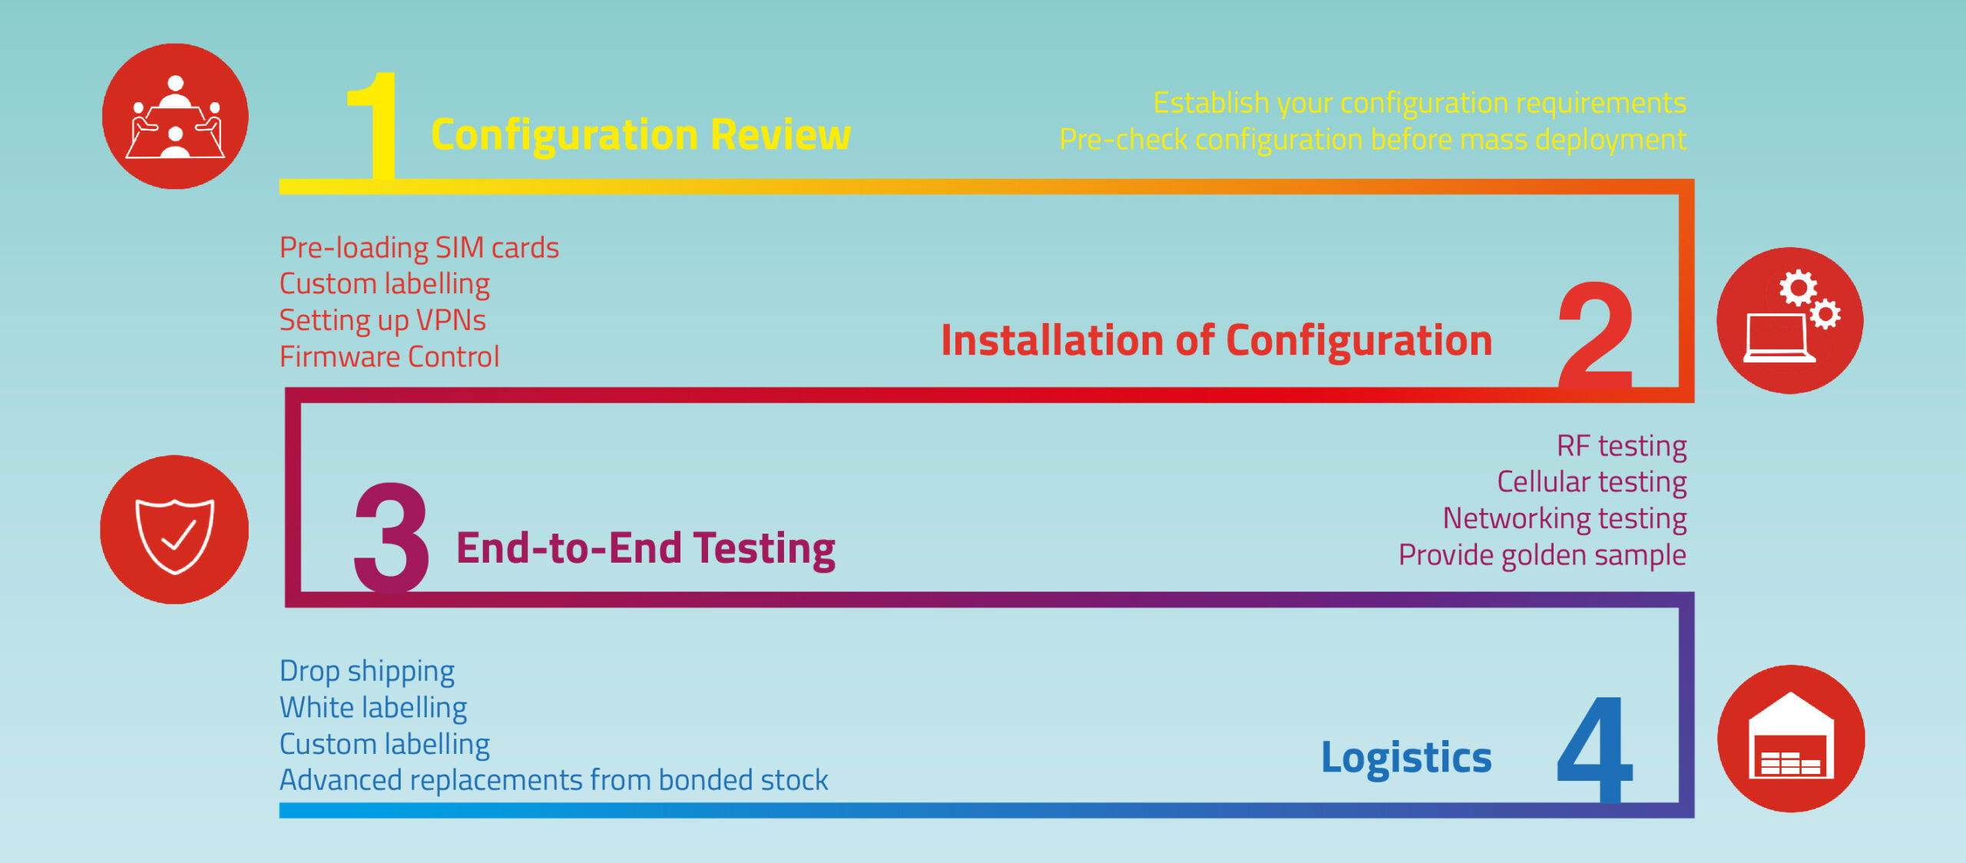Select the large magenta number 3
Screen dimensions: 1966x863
tap(392, 537)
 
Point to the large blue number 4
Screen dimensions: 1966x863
tap(1594, 749)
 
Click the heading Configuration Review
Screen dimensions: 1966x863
tap(641, 136)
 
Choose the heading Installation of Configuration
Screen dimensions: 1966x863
tap(1217, 341)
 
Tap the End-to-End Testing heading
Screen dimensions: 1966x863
tap(646, 549)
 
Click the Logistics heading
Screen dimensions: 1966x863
tap(1407, 759)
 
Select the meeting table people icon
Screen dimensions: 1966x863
tap(176, 117)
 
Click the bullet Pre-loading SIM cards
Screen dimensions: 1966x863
tap(419, 248)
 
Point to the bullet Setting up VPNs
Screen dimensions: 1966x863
tap(382, 321)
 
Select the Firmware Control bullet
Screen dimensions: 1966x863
tap(389, 357)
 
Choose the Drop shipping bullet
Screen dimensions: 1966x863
tap(367, 672)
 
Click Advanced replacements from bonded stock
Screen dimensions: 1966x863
tap(554, 781)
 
